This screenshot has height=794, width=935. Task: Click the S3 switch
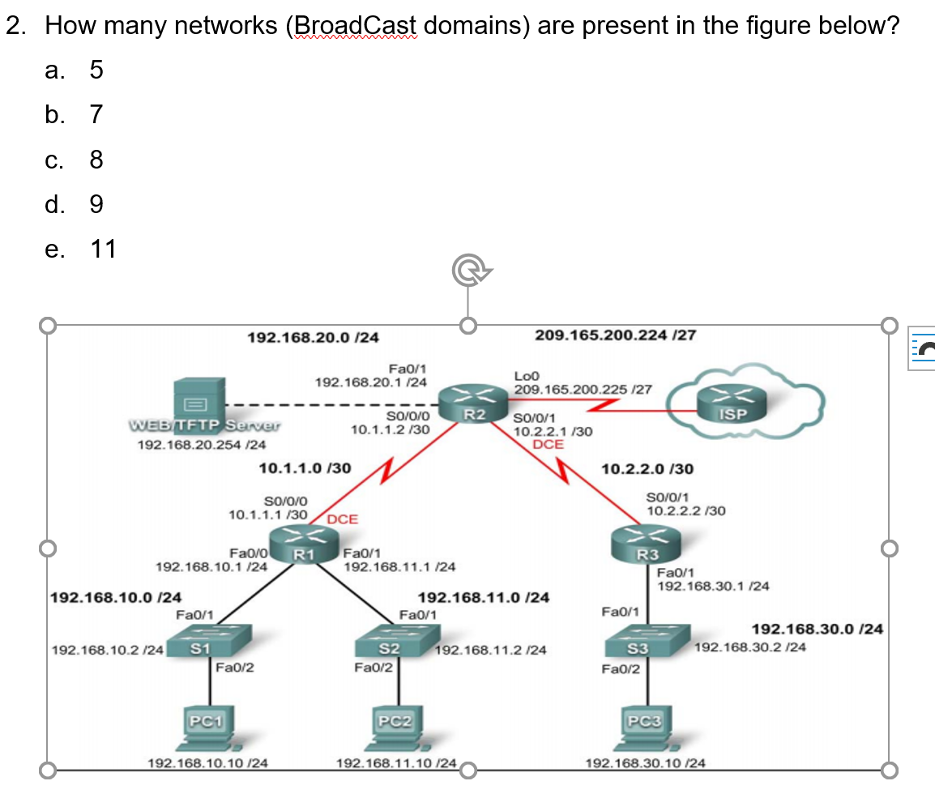[647, 643]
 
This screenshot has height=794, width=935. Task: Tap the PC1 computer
[211, 727]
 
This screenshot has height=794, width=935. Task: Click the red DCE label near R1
[343, 519]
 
